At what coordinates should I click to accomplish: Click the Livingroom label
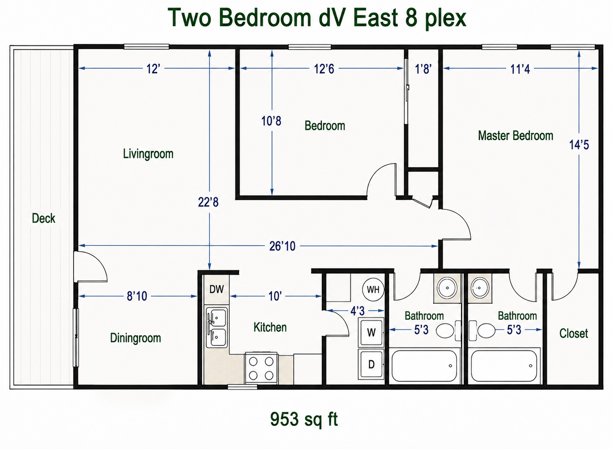click(x=148, y=154)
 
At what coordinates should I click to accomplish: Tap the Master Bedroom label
click(x=515, y=136)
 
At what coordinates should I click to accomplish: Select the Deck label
click(x=43, y=218)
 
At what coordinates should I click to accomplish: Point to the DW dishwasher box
click(x=217, y=289)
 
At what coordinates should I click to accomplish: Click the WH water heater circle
click(x=373, y=289)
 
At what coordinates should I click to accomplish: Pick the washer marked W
click(x=371, y=332)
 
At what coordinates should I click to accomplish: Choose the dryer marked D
click(x=371, y=364)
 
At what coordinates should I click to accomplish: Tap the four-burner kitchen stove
click(x=261, y=369)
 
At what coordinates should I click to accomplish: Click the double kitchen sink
click(x=217, y=327)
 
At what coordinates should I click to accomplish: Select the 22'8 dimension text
click(x=208, y=202)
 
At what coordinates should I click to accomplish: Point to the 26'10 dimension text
click(x=282, y=246)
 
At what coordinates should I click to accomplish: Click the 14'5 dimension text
click(x=579, y=145)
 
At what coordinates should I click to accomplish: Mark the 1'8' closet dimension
click(x=423, y=69)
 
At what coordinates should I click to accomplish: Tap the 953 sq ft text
click(x=304, y=419)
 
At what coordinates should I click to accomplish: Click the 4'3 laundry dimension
click(x=357, y=311)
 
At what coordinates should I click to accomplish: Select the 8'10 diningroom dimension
click(x=137, y=296)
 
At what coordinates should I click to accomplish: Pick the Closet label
click(x=574, y=333)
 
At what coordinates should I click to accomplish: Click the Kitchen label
click(x=270, y=327)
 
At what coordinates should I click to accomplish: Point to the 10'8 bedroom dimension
click(x=271, y=121)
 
